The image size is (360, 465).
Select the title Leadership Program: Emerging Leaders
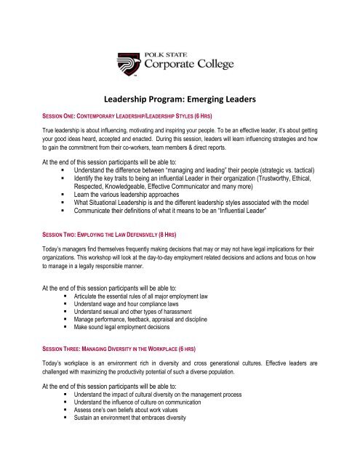pyautogui.click(x=180, y=103)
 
